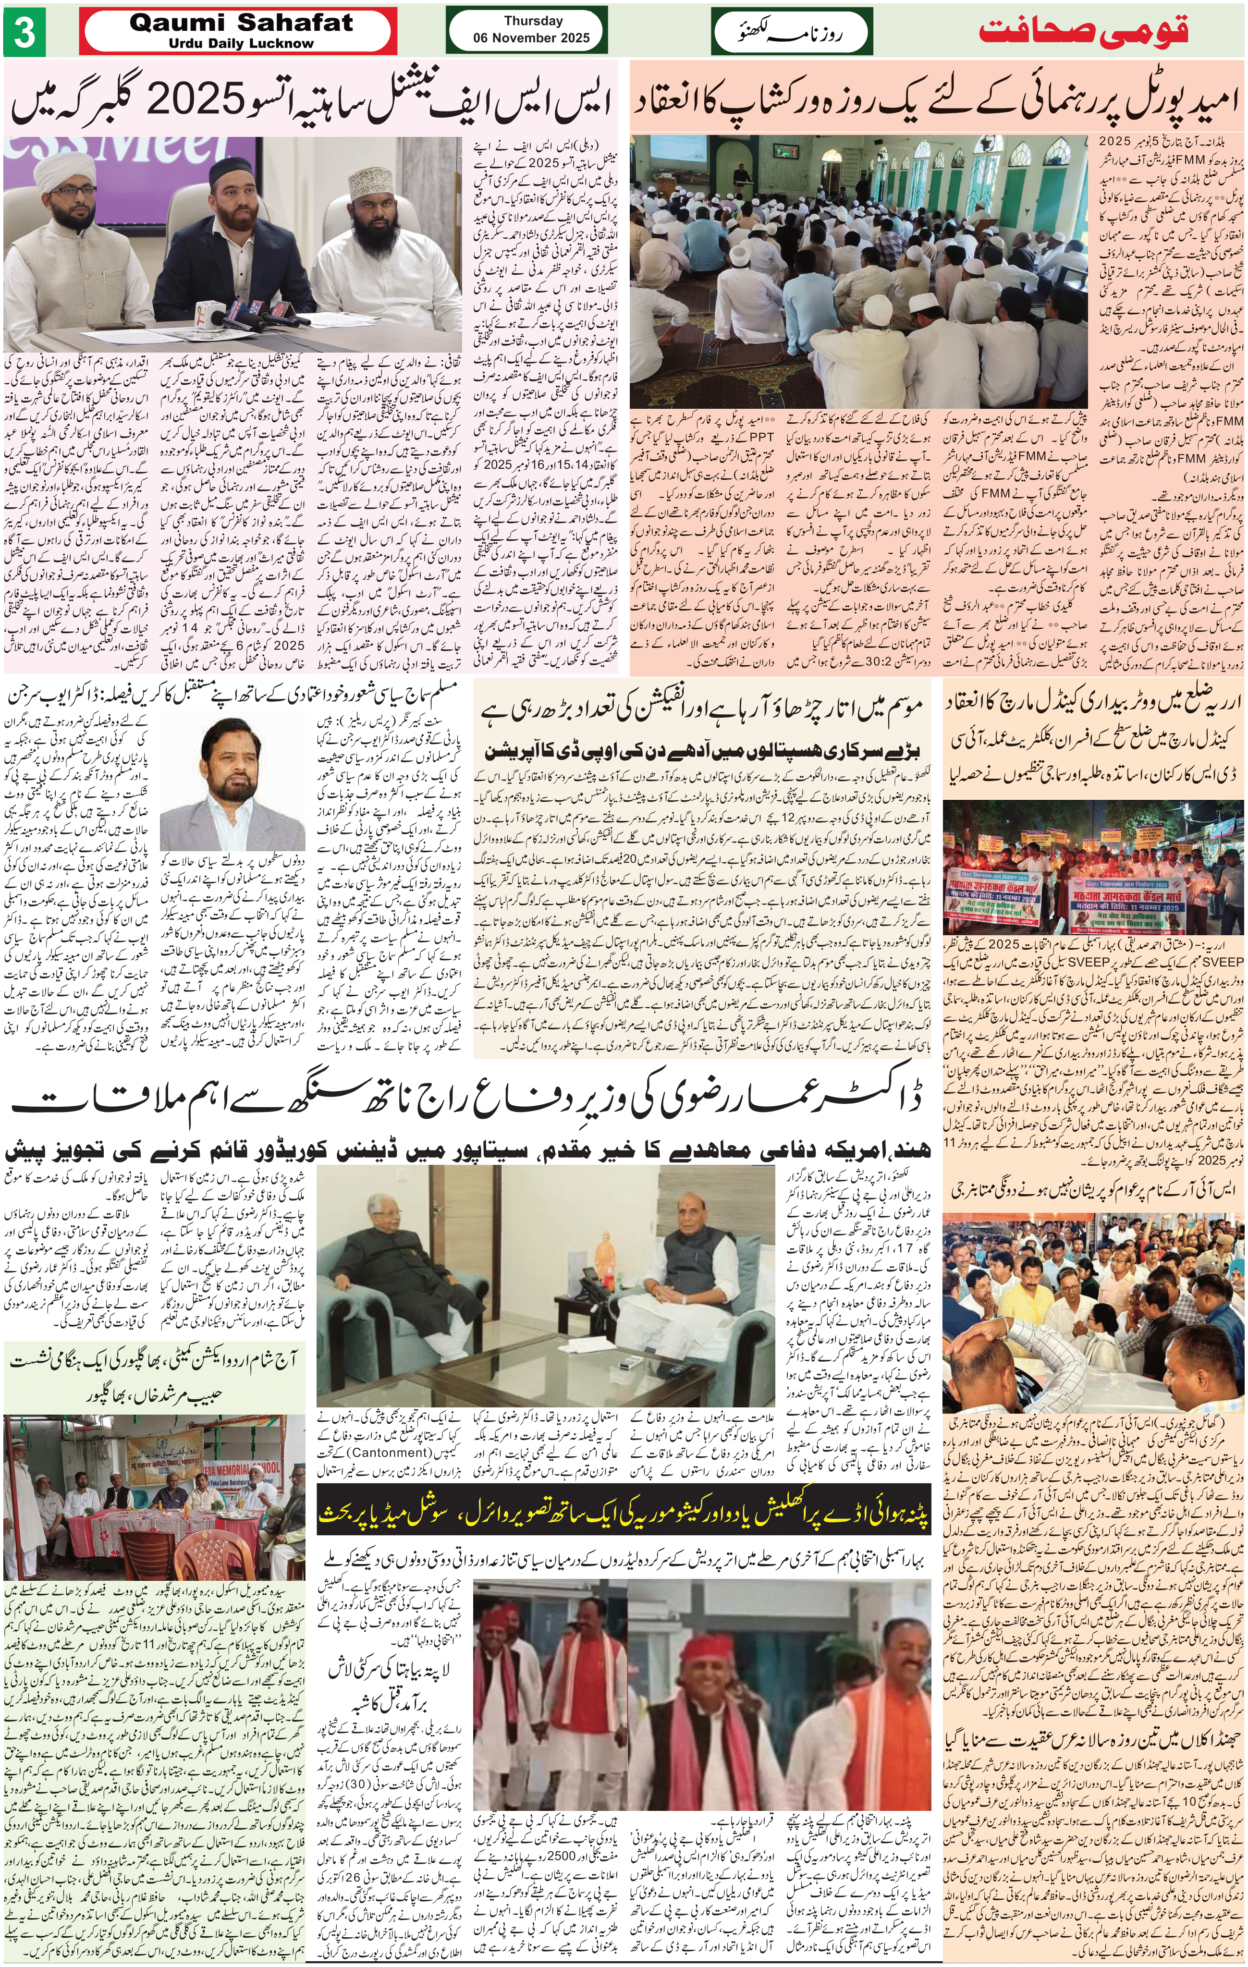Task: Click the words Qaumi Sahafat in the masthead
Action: click(241, 23)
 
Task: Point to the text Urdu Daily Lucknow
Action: click(241, 43)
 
